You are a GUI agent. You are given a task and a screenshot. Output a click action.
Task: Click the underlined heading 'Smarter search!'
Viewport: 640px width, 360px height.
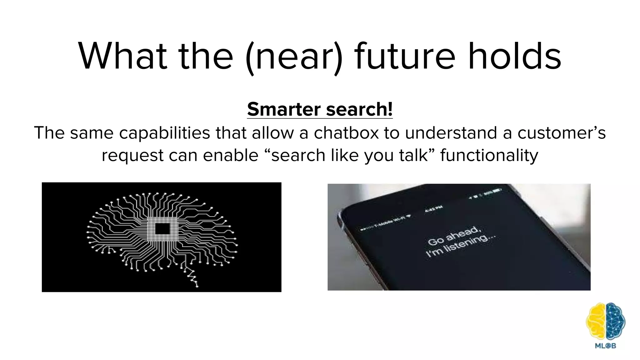click(x=320, y=109)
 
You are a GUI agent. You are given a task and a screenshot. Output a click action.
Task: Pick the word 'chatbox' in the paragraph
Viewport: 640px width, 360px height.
click(x=346, y=133)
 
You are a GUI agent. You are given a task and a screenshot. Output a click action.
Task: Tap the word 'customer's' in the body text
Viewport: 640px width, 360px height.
click(x=561, y=133)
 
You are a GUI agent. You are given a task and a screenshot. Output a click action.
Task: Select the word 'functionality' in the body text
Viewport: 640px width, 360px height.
click(x=489, y=155)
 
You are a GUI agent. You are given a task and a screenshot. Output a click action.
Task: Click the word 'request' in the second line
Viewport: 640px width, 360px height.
click(x=132, y=155)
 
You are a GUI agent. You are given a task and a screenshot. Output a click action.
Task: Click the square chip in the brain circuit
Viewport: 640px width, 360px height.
click(x=162, y=229)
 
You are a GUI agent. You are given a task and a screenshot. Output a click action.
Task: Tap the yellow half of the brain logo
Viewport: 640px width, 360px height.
click(x=596, y=322)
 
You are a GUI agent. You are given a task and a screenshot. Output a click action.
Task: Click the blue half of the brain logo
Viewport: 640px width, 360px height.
click(x=615, y=322)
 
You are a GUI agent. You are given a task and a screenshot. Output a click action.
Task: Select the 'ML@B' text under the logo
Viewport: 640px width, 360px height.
click(x=605, y=346)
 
